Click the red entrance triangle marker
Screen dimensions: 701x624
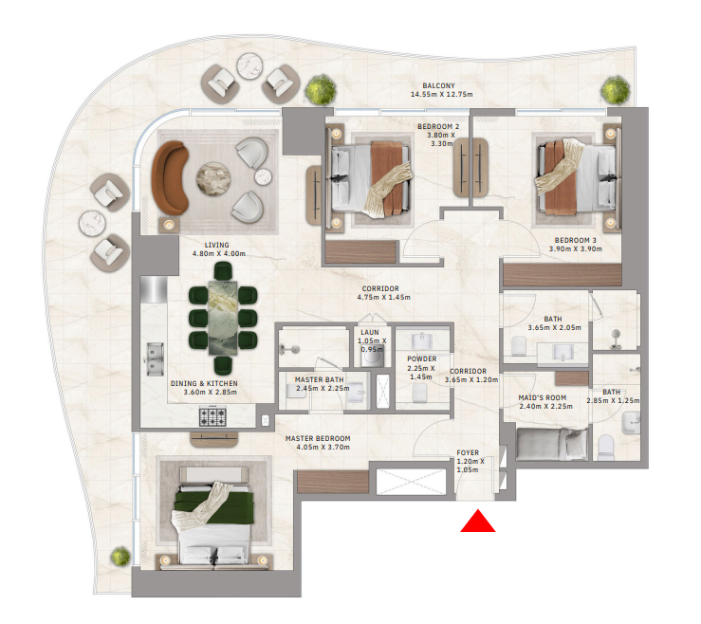coord(478,523)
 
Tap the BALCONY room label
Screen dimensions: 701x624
coord(438,85)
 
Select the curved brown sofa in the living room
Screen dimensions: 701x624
coord(170,177)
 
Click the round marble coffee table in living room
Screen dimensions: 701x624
coord(213,179)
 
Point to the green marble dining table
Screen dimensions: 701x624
coord(223,318)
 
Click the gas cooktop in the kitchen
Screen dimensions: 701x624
coord(212,416)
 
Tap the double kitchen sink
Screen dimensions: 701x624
coord(155,359)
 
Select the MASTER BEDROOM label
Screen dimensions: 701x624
coord(318,438)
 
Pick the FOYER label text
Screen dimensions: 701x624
coord(468,452)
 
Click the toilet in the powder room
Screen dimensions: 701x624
coord(420,394)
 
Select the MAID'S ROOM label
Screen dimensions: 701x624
coord(543,397)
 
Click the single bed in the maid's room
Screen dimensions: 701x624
coord(552,444)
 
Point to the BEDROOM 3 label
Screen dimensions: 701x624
coord(576,241)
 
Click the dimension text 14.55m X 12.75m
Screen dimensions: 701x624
coord(442,94)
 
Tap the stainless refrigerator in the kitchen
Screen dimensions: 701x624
coord(154,289)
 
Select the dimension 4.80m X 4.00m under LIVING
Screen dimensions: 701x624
coord(218,253)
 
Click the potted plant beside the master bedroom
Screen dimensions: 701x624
coord(120,556)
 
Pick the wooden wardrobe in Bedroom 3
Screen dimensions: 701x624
coord(563,274)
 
